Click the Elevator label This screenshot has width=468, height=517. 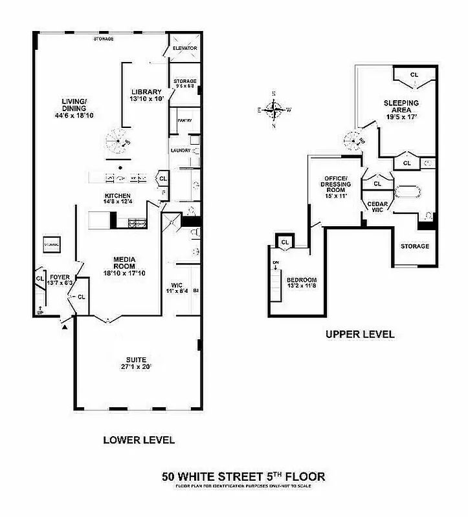click(x=184, y=48)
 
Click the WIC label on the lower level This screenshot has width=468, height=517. click(x=177, y=285)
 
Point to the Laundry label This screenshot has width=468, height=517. click(x=179, y=151)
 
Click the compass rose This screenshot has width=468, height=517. click(x=275, y=109)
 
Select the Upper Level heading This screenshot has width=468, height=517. click(x=359, y=335)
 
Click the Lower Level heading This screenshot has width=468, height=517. click(x=139, y=440)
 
